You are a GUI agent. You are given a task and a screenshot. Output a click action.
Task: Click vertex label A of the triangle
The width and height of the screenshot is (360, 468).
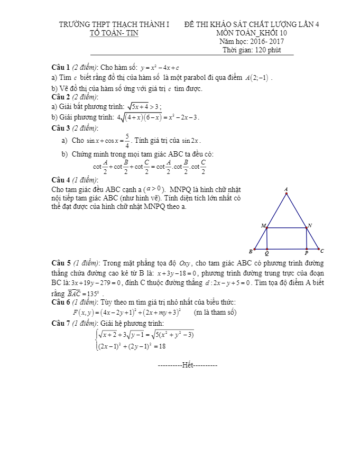(x=286, y=189)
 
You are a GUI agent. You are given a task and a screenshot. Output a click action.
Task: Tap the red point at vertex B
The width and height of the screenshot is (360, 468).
(x=255, y=249)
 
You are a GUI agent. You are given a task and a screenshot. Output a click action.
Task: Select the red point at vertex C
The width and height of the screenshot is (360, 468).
(x=319, y=249)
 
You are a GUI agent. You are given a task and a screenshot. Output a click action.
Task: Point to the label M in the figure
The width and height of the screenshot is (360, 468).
(x=263, y=225)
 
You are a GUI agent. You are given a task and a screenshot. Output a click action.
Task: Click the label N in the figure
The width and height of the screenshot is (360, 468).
(x=310, y=225)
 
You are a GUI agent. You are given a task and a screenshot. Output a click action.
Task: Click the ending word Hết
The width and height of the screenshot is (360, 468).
(x=188, y=365)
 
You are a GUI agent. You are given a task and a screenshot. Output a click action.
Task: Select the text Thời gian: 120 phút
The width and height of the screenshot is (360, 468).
(x=251, y=50)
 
